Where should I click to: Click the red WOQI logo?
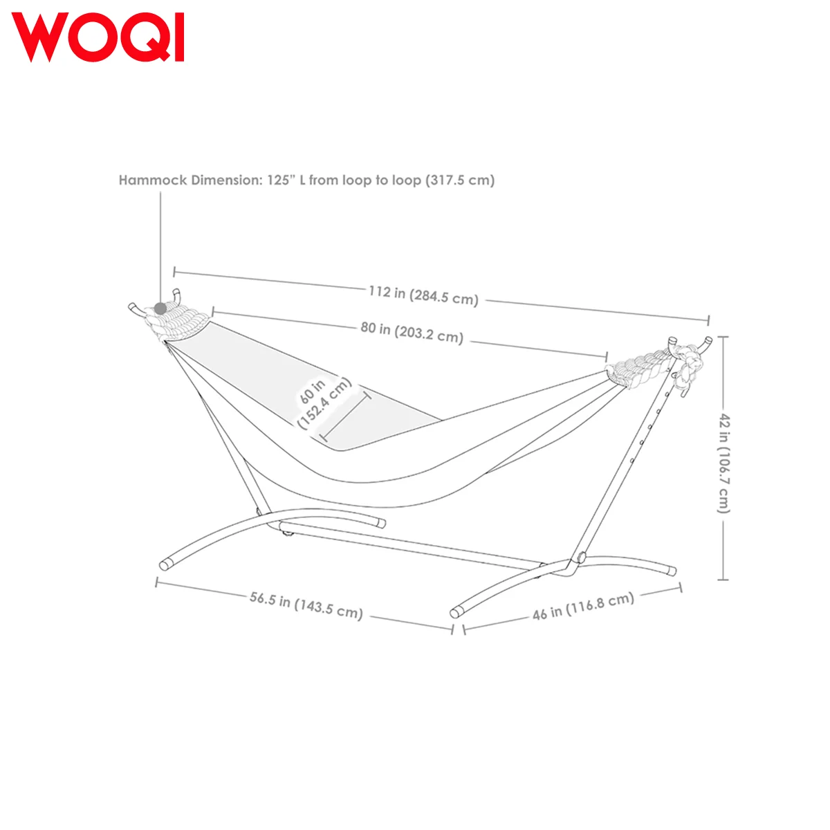click(98, 37)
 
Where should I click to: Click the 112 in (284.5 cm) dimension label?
click(423, 295)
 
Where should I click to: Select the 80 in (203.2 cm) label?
click(412, 332)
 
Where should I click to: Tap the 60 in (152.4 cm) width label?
click(324, 403)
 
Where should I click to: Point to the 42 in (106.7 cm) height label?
click(724, 463)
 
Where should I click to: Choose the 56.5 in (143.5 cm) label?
click(306, 605)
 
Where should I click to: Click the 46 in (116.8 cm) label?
click(583, 606)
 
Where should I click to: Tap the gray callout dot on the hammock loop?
click(160, 308)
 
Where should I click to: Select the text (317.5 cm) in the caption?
click(460, 180)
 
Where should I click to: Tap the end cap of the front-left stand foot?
click(165, 565)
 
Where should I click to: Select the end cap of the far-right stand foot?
click(671, 571)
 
